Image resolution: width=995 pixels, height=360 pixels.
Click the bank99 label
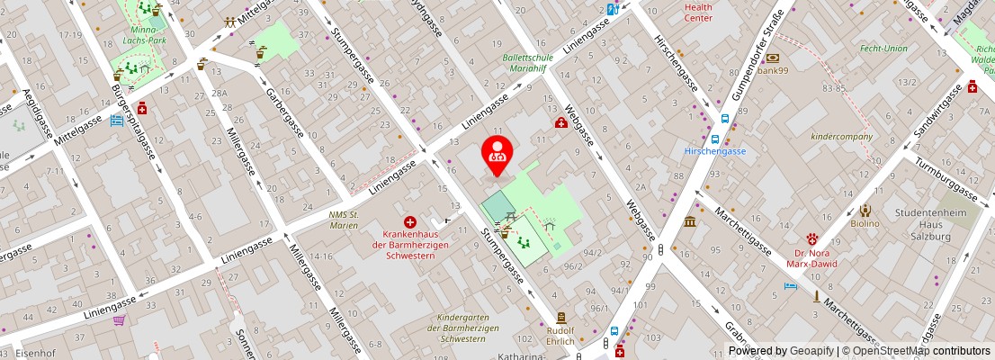pos(773,70)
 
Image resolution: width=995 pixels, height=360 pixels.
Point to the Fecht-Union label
pos(883,49)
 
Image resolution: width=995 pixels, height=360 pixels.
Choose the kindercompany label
pos(841,137)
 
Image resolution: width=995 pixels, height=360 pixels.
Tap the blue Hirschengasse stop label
pos(714,151)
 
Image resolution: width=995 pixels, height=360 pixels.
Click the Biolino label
pos(864,223)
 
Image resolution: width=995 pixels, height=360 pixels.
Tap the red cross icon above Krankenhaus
pos(410,221)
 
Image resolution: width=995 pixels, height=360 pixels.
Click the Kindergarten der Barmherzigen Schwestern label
pos(467,328)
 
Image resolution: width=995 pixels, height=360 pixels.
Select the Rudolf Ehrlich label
pos(560,336)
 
